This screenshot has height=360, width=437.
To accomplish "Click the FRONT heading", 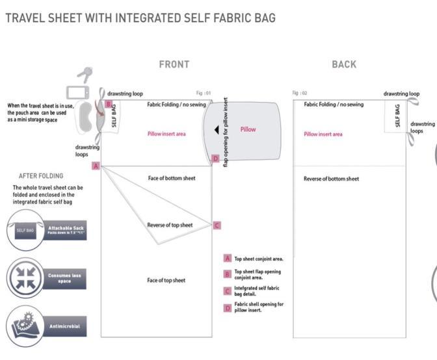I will pyautogui.click(x=174, y=64).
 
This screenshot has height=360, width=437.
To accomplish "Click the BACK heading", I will pyautogui.click(x=344, y=64).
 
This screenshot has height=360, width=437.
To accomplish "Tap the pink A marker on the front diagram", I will pyautogui.click(x=96, y=166).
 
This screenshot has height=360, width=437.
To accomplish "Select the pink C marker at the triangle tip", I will pyautogui.click(x=217, y=225).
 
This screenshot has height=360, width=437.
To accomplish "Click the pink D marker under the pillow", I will pyautogui.click(x=216, y=159).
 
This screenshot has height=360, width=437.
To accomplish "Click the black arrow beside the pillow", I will pyautogui.click(x=217, y=130).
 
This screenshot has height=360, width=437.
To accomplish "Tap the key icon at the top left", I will pyautogui.click(x=85, y=74).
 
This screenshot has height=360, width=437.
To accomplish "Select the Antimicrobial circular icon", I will pyautogui.click(x=23, y=325).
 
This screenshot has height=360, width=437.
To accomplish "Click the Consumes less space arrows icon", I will pyautogui.click(x=23, y=277).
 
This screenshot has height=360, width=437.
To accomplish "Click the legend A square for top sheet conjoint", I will pyautogui.click(x=228, y=258).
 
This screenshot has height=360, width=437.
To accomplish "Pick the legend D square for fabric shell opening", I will pyautogui.click(x=228, y=307).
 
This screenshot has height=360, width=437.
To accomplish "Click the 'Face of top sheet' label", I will pyautogui.click(x=166, y=281).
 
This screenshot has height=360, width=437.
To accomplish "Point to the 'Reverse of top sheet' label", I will pyautogui.click(x=170, y=225).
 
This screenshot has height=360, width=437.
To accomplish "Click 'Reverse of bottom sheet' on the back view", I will pyautogui.click(x=331, y=179).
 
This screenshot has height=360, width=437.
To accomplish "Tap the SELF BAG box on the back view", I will pyautogui.click(x=397, y=116).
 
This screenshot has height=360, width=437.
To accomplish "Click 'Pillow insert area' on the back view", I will pyautogui.click(x=323, y=135).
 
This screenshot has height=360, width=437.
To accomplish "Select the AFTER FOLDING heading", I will pyautogui.click(x=41, y=175).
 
